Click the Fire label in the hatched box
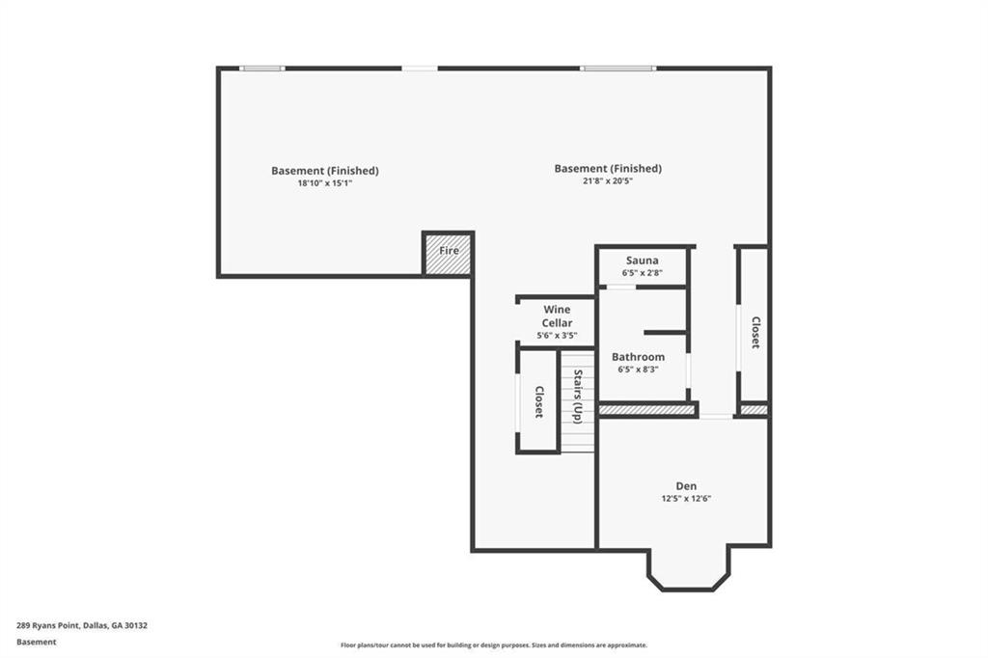(x=449, y=251)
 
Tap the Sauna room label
(x=642, y=260)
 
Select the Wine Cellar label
(x=557, y=315)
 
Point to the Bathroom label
(x=638, y=357)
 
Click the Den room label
(x=686, y=486)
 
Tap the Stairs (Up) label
(x=578, y=397)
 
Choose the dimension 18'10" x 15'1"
(x=324, y=183)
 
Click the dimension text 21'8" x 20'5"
(x=608, y=181)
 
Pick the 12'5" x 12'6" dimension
(x=686, y=499)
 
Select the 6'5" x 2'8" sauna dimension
(x=642, y=273)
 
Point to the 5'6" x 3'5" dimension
(x=557, y=336)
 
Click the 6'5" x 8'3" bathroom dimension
(x=638, y=370)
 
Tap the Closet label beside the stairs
(x=538, y=402)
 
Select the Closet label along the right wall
(x=755, y=332)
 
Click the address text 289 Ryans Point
(x=48, y=626)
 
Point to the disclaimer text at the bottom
(x=494, y=645)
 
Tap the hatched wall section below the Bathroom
(x=645, y=410)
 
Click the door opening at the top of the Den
(x=716, y=417)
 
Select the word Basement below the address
(x=36, y=643)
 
